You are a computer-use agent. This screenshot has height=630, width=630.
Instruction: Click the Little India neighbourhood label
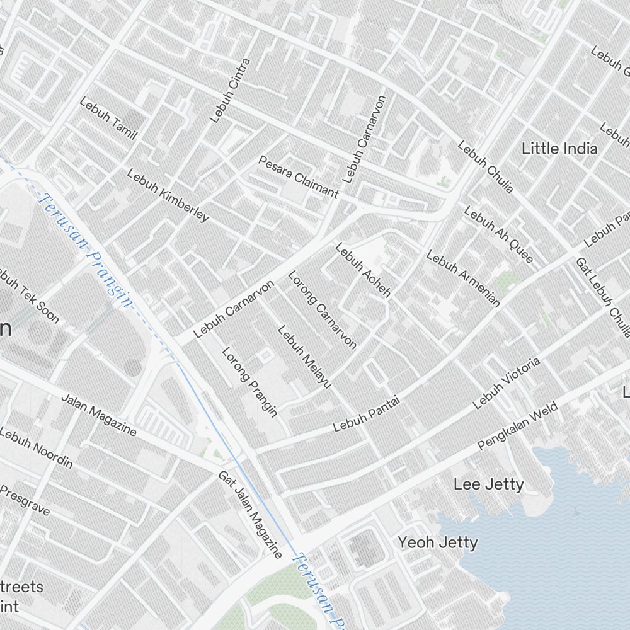coord(559,149)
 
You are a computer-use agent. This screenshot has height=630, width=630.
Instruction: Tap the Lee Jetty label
coord(488,484)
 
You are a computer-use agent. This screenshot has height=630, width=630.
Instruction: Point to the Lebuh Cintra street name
coord(230,90)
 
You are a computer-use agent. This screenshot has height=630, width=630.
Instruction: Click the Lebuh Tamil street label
coord(108,118)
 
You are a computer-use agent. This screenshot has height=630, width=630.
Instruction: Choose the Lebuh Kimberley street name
coord(168,195)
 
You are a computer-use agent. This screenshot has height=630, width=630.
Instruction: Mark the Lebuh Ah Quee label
coord(498,234)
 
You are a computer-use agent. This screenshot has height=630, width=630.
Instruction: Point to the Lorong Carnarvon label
coord(322,309)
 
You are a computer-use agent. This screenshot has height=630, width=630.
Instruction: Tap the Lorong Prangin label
coord(249,382)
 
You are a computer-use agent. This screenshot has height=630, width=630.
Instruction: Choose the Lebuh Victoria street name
coord(507,382)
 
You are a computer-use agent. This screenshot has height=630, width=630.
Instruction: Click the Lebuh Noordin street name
coord(37,448)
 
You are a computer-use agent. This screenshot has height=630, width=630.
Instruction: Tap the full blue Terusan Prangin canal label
coord(86,251)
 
